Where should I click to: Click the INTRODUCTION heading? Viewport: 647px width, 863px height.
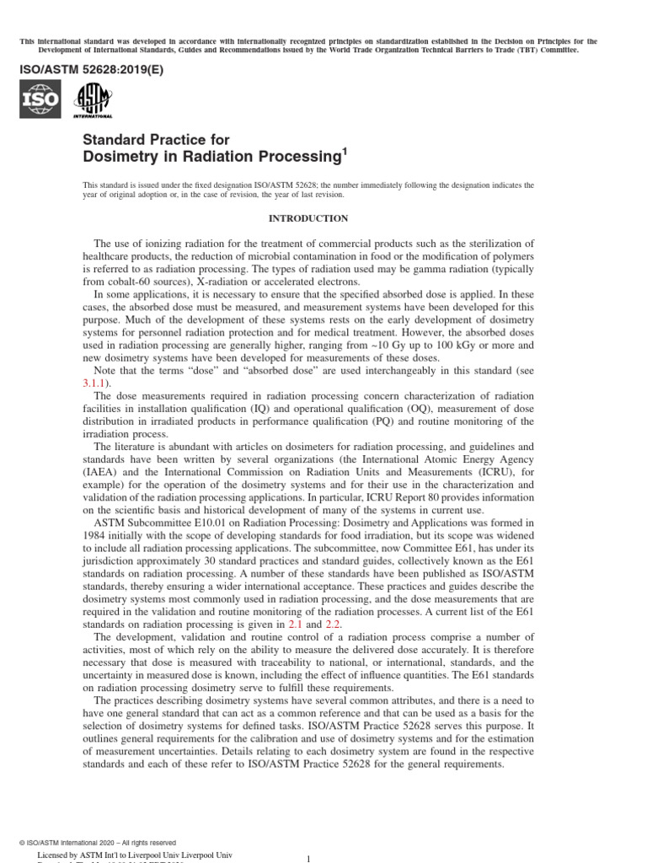point(307,218)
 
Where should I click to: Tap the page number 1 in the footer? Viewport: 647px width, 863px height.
point(308,858)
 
